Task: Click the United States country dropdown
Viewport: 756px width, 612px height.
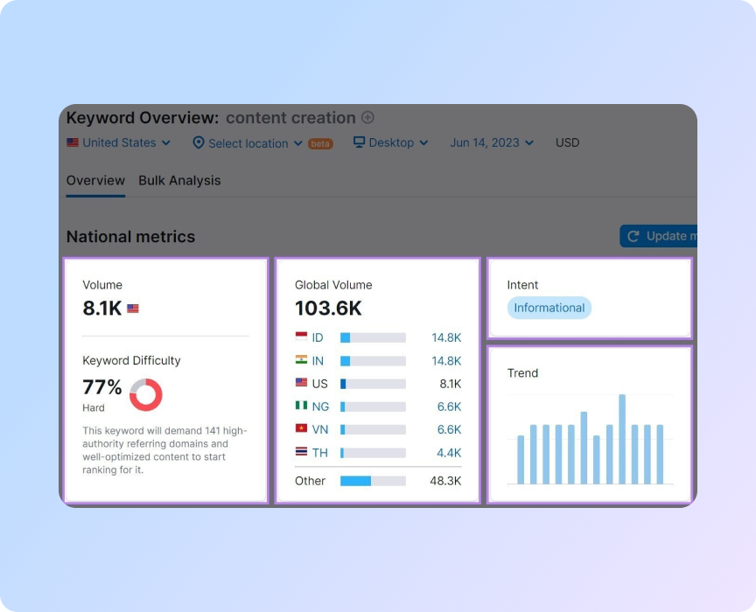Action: [119, 143]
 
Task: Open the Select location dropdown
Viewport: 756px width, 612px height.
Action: [248, 143]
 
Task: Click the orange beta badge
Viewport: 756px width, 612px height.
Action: [320, 143]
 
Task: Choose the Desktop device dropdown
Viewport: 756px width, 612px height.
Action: [390, 143]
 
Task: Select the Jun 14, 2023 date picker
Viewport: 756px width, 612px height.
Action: [491, 143]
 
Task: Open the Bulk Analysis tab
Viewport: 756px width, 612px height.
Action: [179, 181]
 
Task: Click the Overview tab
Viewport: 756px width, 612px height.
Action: [95, 181]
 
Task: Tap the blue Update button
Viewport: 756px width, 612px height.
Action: [659, 236]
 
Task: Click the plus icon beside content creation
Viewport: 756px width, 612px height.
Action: [367, 118]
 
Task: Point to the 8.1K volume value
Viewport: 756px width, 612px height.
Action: [102, 308]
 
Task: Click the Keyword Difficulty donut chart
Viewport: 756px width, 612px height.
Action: [146, 394]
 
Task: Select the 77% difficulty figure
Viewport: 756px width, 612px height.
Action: [102, 387]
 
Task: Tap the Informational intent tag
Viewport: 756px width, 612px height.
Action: [549, 308]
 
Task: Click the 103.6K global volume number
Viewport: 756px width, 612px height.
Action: [328, 308]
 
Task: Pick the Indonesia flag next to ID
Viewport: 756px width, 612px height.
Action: [301, 337]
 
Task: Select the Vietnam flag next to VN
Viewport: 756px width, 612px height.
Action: [301, 428]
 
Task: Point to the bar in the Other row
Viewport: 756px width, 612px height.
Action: [373, 481]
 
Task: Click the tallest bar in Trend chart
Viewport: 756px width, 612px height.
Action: [622, 439]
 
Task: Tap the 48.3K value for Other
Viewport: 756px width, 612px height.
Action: [444, 481]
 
